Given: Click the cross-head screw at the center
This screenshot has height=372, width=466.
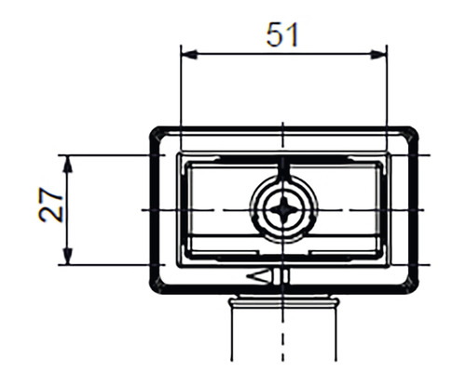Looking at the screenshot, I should pos(281,209).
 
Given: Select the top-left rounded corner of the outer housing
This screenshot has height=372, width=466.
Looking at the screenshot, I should pos(157,133).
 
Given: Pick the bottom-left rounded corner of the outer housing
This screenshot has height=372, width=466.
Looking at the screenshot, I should pos(157,286).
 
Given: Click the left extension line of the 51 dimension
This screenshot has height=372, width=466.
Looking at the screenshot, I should pos(180,93).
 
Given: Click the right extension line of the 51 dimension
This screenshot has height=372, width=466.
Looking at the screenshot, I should pos(386,93).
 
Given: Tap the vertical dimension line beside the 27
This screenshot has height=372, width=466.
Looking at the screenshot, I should pos(68,232).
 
